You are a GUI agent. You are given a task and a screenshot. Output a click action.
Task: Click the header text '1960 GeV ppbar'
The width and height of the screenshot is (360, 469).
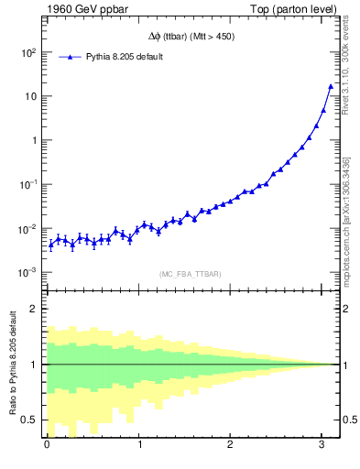tap(81, 10)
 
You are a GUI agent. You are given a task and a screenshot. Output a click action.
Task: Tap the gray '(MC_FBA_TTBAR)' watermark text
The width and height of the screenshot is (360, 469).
tap(191, 274)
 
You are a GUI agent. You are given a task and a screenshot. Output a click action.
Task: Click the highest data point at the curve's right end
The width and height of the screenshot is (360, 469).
tap(331, 86)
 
